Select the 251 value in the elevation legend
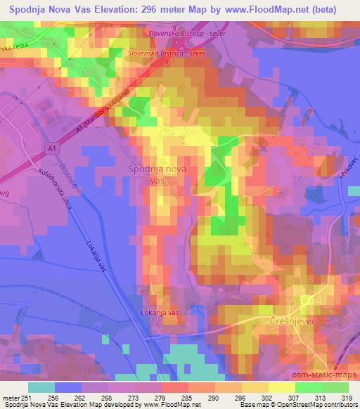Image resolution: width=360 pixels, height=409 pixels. point(27,397)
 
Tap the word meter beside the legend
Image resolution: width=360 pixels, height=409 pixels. point(11,397)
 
